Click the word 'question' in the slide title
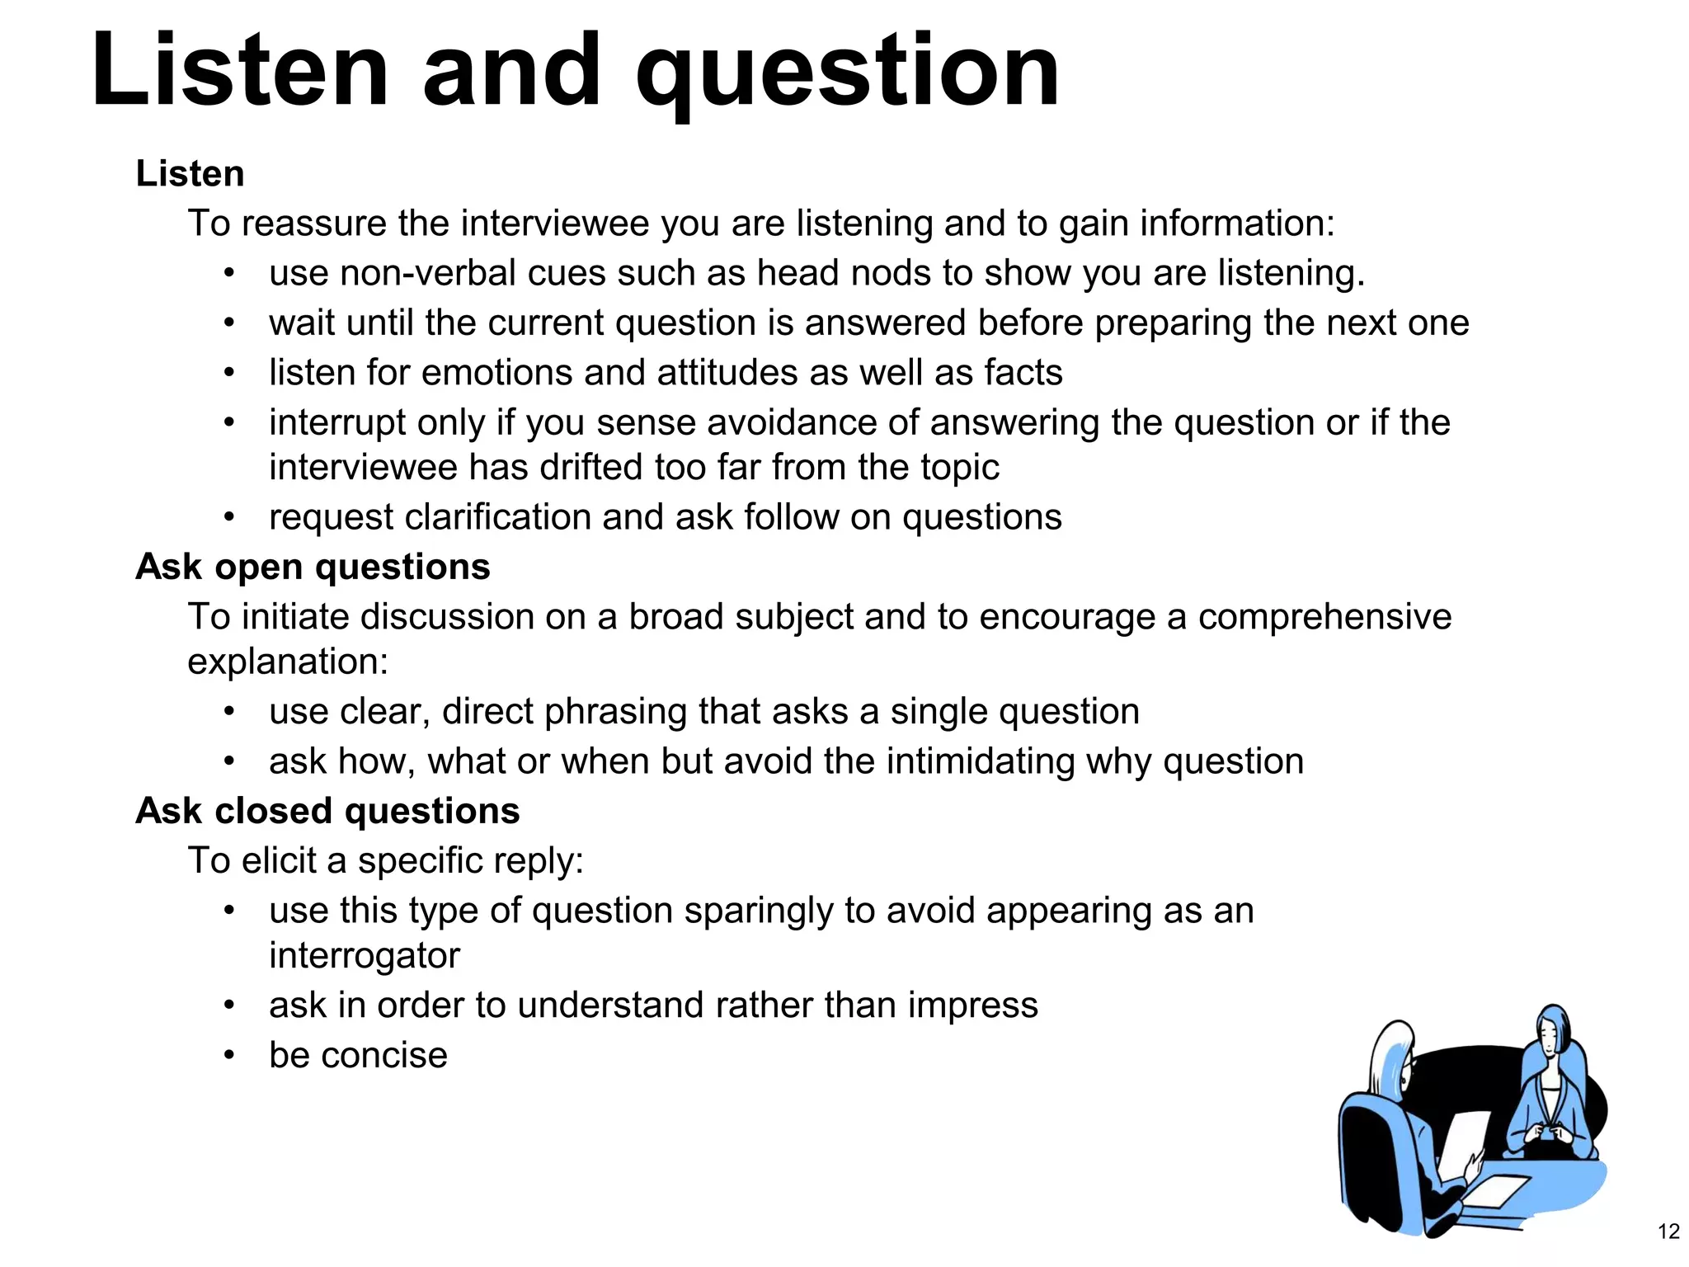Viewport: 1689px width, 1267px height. pos(847,73)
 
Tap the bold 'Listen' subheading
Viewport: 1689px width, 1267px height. pos(190,174)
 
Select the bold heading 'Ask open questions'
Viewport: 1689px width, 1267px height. pos(313,568)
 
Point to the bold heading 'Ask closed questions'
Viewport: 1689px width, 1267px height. pos(327,811)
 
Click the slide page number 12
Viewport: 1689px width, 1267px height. pos(1668,1232)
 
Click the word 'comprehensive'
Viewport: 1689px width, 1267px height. pos(1324,617)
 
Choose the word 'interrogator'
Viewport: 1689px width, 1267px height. pos(364,955)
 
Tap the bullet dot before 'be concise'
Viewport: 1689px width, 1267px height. pos(229,1055)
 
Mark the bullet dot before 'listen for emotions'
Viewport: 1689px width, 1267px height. pos(229,373)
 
